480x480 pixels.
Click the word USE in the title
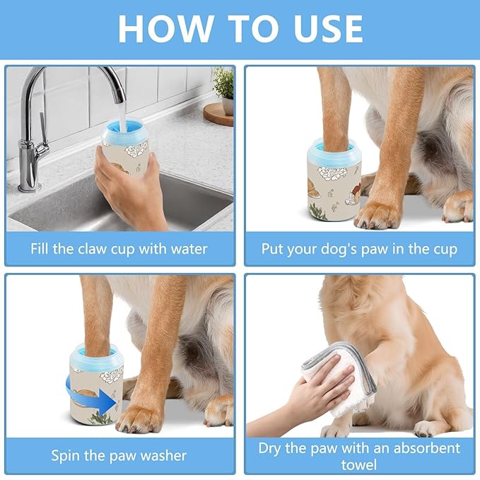coord(322,28)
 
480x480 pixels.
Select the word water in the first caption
coord(189,249)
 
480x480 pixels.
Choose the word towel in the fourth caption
coord(358,465)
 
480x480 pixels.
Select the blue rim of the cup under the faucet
coord(125,135)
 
